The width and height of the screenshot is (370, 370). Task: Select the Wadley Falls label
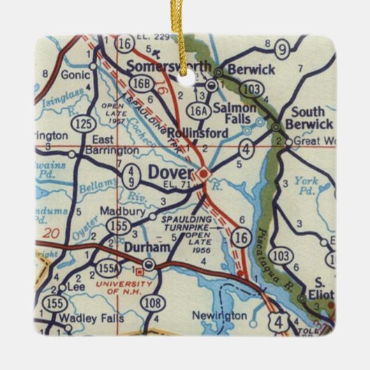[x=91, y=318]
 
